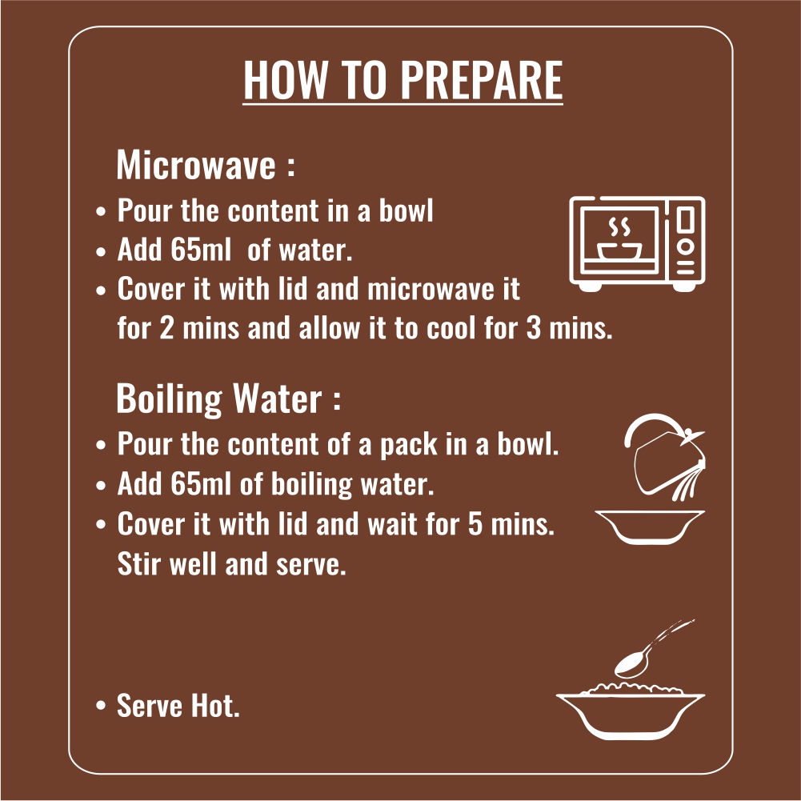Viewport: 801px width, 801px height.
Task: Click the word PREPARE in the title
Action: pyautogui.click(x=481, y=80)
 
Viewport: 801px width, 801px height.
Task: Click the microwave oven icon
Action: pyautogui.click(x=637, y=244)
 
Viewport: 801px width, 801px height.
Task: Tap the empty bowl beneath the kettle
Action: pyautogui.click(x=650, y=527)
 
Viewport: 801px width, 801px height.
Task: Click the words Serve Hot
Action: pyautogui.click(x=178, y=706)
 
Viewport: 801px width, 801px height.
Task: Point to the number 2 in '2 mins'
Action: pyautogui.click(x=166, y=328)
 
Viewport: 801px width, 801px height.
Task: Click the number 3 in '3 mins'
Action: pyautogui.click(x=533, y=328)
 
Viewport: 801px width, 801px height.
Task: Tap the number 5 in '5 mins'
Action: pyautogui.click(x=475, y=524)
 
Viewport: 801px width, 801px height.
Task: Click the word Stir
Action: pyautogui.click(x=139, y=563)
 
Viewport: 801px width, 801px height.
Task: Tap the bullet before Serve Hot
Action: pyautogui.click(x=101, y=706)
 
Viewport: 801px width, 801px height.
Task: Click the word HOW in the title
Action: pyautogui.click(x=285, y=80)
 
